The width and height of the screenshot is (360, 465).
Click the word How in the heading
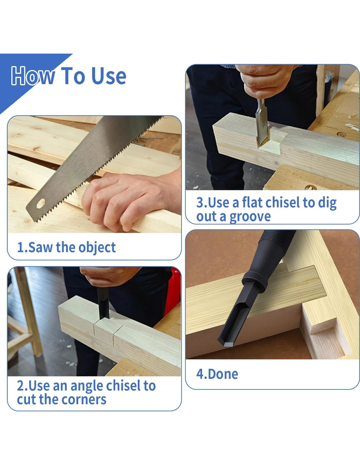click(x=33, y=76)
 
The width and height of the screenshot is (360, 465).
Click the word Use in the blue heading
click(x=109, y=76)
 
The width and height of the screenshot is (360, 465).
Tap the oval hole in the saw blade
click(x=41, y=203)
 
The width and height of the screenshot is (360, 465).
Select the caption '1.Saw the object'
click(x=66, y=248)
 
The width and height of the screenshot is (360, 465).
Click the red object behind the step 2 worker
click(x=172, y=291)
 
